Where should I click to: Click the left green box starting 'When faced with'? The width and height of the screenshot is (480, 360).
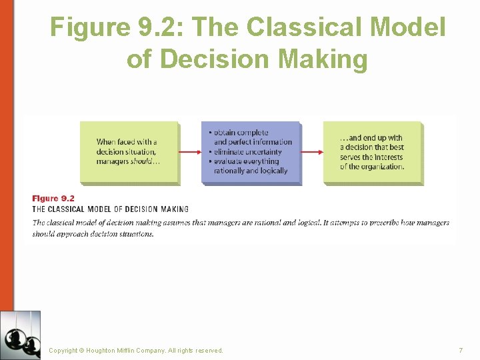(129, 152)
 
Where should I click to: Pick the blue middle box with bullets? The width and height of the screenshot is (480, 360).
(251, 153)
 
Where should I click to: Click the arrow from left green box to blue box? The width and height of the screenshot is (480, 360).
(189, 152)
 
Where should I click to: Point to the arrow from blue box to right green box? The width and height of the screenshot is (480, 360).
(311, 152)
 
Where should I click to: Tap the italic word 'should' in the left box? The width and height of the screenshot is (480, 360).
(143, 161)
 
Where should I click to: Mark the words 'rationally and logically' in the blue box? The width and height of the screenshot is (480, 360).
(251, 171)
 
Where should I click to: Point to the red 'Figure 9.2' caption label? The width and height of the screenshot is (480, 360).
(53, 198)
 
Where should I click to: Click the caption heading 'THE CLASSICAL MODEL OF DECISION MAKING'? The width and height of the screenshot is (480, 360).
(111, 209)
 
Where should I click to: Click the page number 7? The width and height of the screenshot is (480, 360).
(461, 351)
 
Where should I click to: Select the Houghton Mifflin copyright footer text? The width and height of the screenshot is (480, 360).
(136, 351)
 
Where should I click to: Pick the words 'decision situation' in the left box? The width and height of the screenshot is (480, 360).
(126, 152)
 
